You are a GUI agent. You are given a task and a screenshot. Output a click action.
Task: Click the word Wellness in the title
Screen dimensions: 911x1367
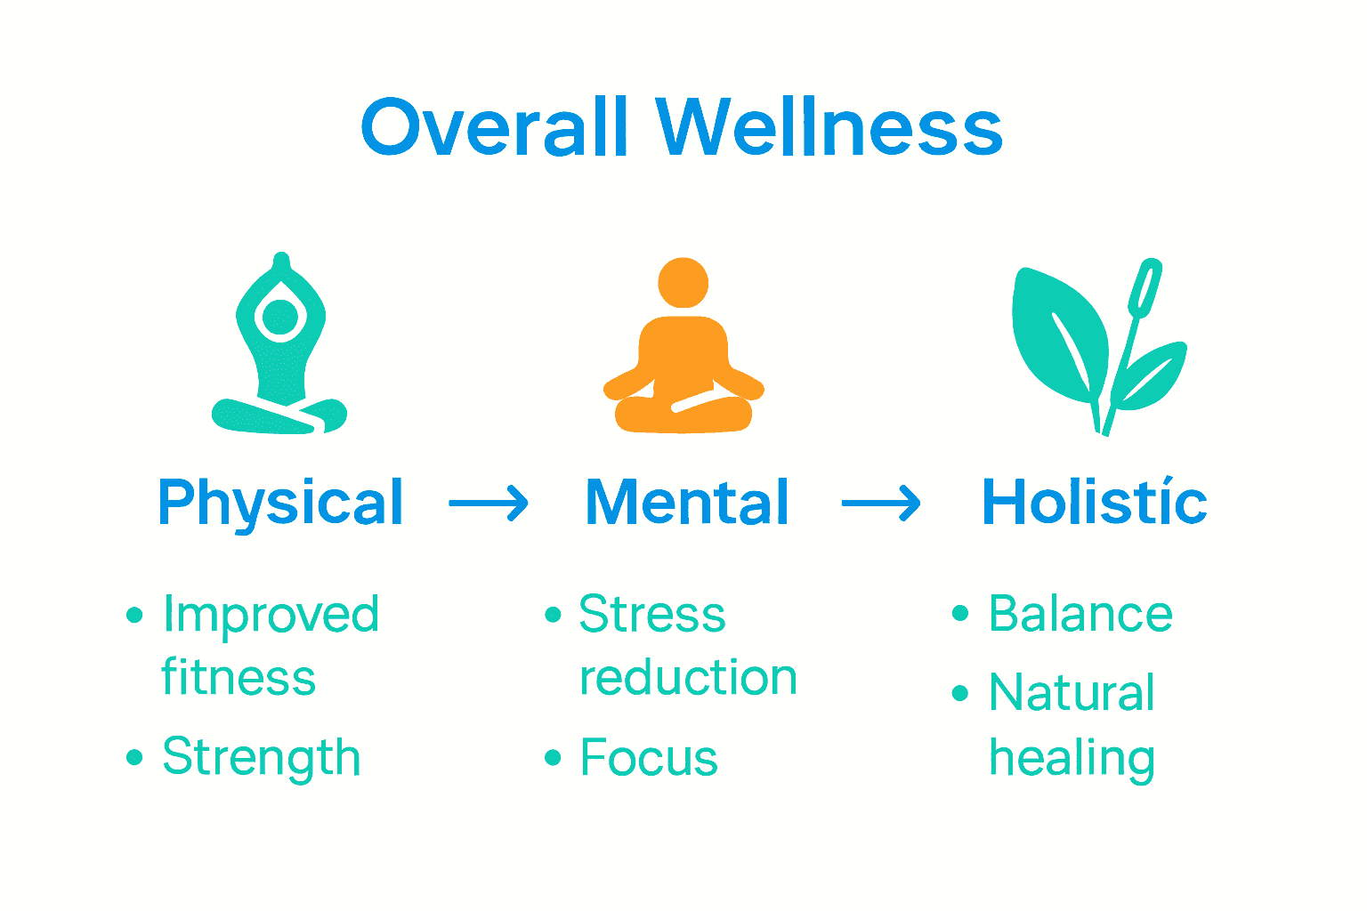[829, 127]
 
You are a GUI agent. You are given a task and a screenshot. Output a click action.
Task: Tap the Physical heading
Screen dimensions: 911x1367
[280, 504]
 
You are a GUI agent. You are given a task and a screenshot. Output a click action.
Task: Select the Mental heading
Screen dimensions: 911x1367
[687, 504]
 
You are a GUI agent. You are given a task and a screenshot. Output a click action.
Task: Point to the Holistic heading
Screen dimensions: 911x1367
[1094, 504]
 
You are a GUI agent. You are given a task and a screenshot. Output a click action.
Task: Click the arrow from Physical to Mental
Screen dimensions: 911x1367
[489, 504]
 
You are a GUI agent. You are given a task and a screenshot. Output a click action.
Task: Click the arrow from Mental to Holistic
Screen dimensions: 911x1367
[881, 504]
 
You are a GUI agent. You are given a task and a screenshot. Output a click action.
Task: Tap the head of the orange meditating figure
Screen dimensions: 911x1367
[683, 283]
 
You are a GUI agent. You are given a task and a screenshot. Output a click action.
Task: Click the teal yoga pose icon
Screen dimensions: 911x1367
[279, 356]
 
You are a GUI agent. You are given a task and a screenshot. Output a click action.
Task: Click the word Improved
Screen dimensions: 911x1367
[271, 616]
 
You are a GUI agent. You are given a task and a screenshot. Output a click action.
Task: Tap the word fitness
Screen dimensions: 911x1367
[239, 678]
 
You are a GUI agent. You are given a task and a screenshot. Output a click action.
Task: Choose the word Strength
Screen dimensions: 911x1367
[261, 758]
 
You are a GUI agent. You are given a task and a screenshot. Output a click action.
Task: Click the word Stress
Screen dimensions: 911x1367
[652, 615]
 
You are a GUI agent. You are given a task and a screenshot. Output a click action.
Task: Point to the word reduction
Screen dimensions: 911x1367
[688, 678]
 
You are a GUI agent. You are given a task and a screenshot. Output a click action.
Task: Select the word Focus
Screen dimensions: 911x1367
[649, 759]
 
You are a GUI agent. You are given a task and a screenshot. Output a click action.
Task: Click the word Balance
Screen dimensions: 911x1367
[1080, 614]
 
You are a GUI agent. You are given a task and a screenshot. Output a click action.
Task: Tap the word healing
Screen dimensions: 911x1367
[1072, 759]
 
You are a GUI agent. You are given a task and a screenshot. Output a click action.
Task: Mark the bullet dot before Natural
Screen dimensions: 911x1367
[959, 693]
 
